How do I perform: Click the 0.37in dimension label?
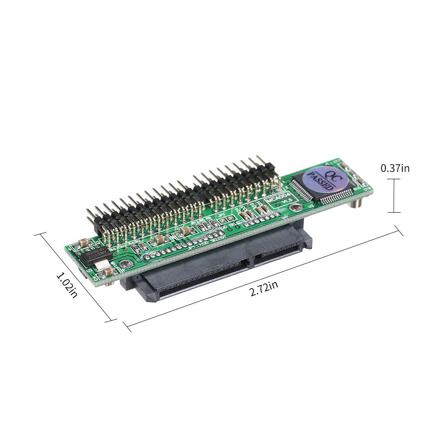tap(395, 168)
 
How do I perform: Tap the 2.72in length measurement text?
tap(263, 288)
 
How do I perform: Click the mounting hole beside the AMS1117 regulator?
tap(125, 263)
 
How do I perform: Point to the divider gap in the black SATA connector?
tap(250, 263)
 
